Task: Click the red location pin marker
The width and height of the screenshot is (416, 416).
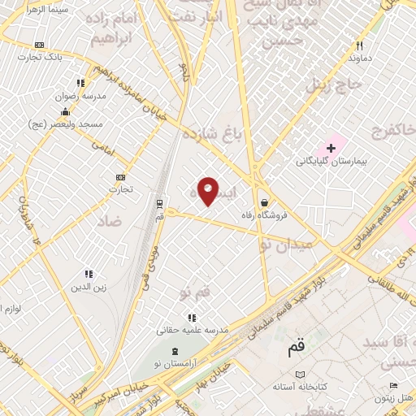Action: [x=208, y=191]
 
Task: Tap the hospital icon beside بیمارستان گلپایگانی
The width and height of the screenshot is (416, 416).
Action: [x=331, y=148]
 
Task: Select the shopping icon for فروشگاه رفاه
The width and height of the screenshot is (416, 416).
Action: [x=265, y=203]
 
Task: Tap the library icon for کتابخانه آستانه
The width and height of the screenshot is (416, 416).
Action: [x=300, y=373]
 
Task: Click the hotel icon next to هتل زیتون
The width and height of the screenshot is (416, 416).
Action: [x=393, y=385]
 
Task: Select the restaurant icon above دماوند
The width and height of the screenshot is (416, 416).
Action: [x=359, y=45]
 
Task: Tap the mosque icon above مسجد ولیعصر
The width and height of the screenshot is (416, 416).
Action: [x=65, y=111]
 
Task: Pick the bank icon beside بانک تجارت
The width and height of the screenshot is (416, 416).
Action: [x=40, y=45]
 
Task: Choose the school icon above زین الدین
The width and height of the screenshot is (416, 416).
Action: [x=89, y=274]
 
